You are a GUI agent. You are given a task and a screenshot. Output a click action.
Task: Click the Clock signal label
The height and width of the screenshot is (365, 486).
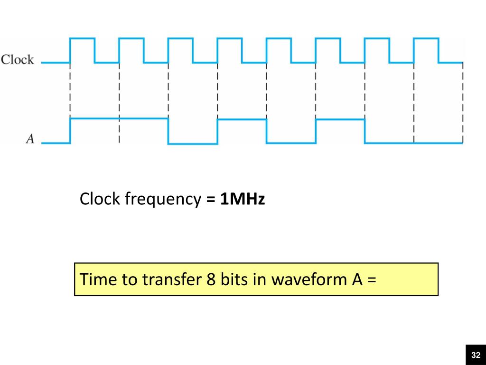pyautogui.click(x=18, y=60)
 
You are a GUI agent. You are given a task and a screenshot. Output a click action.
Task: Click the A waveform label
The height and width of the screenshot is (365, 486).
pyautogui.click(x=30, y=139)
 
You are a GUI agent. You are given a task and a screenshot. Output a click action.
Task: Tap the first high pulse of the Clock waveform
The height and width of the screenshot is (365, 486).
pyautogui.click(x=82, y=38)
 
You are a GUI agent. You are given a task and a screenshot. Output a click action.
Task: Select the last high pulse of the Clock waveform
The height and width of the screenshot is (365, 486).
pyautogui.click(x=426, y=38)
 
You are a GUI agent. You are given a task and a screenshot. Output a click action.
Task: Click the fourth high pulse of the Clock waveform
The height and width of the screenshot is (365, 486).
pyautogui.click(x=230, y=38)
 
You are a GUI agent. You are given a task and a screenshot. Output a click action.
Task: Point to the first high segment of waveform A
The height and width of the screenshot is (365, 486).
pyautogui.click(x=119, y=119)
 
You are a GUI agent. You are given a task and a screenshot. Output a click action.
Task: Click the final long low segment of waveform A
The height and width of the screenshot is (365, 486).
pyautogui.click(x=413, y=143)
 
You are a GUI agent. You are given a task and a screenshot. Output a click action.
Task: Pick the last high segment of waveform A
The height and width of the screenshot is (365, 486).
pyautogui.click(x=340, y=119)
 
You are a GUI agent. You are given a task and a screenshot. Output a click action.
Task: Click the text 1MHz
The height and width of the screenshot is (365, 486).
pyautogui.click(x=242, y=199)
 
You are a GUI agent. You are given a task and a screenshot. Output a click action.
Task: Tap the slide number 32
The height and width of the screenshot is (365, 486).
pyautogui.click(x=476, y=355)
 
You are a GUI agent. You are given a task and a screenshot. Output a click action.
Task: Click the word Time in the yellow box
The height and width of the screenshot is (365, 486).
pyautogui.click(x=97, y=279)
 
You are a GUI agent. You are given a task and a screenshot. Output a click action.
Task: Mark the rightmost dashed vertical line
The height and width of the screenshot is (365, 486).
pyautogui.click(x=463, y=102)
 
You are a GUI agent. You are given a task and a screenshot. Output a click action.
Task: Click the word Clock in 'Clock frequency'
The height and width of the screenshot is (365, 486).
pyautogui.click(x=100, y=199)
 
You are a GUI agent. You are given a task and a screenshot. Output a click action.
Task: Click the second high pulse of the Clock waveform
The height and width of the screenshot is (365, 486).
pyautogui.click(x=131, y=38)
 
